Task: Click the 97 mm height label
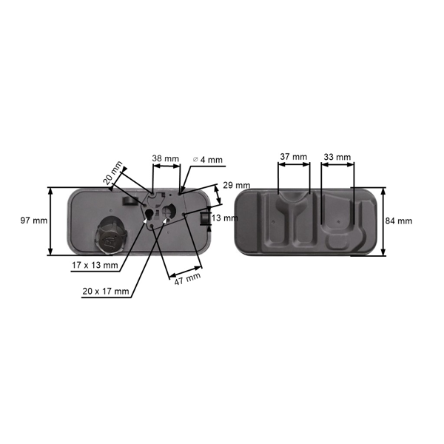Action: pyautogui.click(x=34, y=221)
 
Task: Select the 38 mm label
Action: pyautogui.click(x=166, y=159)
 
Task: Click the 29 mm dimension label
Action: pyautogui.click(x=236, y=185)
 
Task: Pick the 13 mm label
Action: pyautogui.click(x=225, y=218)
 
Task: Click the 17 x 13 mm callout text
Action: pyautogui.click(x=95, y=264)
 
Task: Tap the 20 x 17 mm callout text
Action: pyautogui.click(x=106, y=292)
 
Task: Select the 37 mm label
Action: pyautogui.click(x=294, y=157)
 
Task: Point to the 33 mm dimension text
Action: pyautogui.click(x=337, y=157)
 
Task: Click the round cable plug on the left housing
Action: pyautogui.click(x=110, y=236)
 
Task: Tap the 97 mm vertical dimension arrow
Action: pyautogui.click(x=51, y=221)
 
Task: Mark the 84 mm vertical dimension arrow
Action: pyautogui.click(x=383, y=221)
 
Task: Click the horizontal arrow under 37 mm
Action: pyautogui.click(x=294, y=167)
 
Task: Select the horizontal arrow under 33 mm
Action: pyautogui.click(x=337, y=167)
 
